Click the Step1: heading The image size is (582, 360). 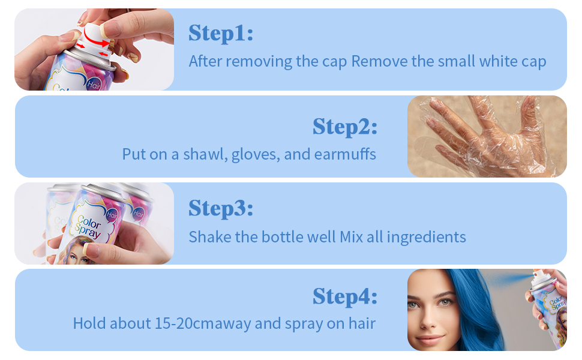221,34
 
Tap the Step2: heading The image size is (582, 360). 344,127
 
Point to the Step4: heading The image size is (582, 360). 344,296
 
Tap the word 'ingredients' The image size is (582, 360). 426,236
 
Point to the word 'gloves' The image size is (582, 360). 254,154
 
